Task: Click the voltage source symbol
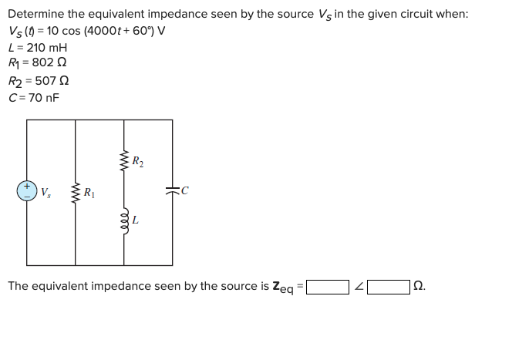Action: point(27,190)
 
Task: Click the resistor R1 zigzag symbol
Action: point(76,191)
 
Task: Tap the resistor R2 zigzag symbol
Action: point(123,163)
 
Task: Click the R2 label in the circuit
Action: point(137,162)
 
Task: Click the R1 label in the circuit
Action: point(89,191)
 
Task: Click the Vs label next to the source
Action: point(45,191)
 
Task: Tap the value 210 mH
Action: point(41,49)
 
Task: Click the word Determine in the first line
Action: point(35,15)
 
